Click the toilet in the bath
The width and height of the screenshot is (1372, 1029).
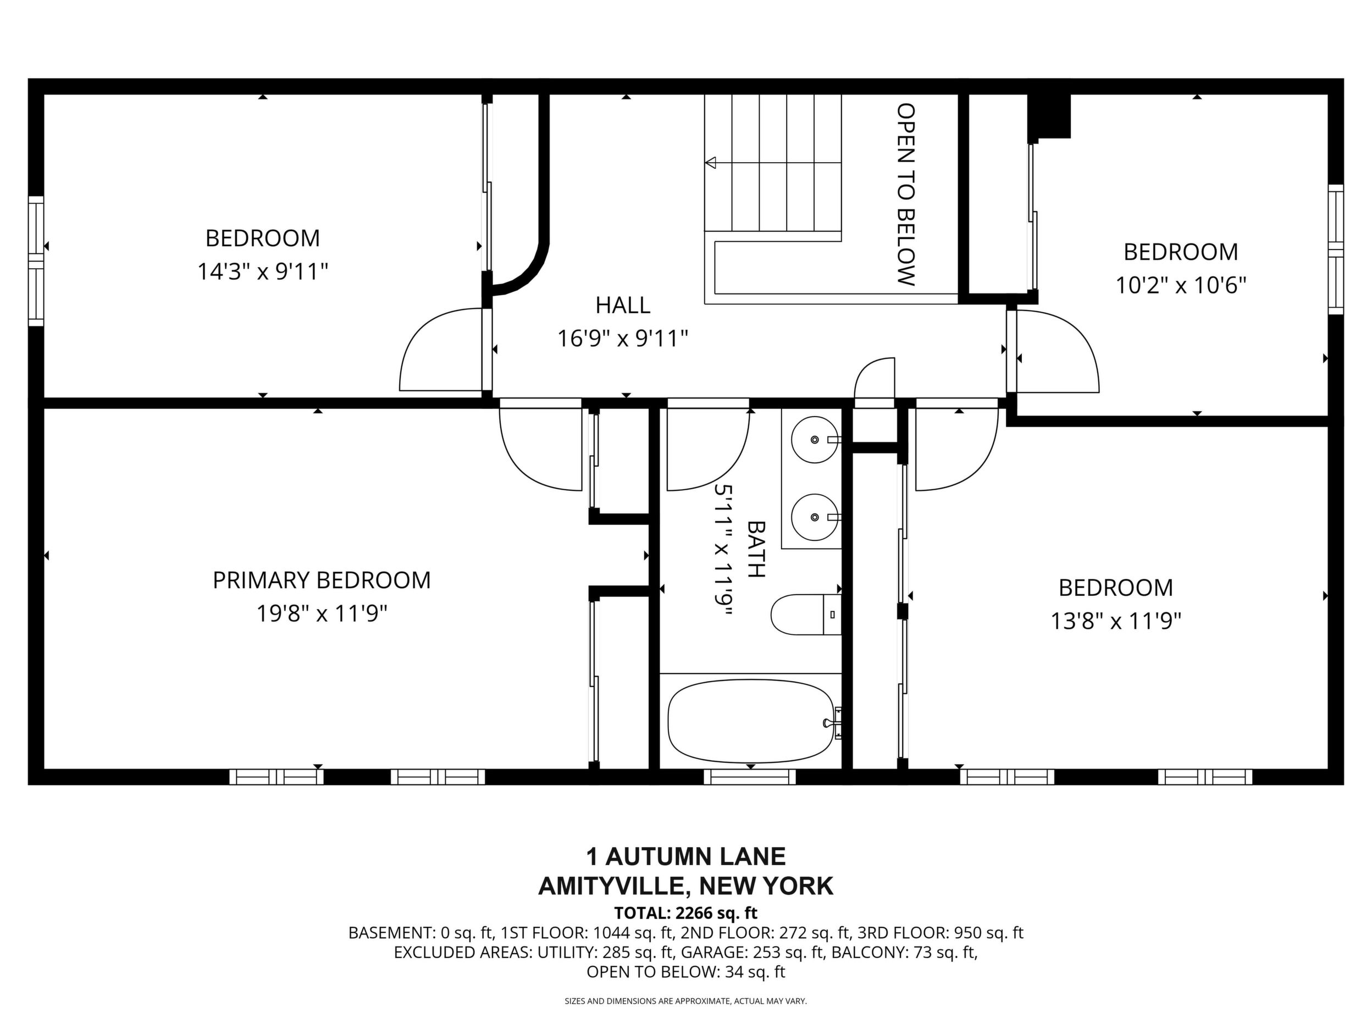click(x=806, y=614)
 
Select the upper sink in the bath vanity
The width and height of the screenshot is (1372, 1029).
click(x=815, y=440)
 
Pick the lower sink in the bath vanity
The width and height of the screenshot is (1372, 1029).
click(x=815, y=517)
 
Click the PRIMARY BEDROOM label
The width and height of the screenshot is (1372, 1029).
click(x=322, y=580)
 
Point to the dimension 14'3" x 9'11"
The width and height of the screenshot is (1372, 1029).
click(x=262, y=271)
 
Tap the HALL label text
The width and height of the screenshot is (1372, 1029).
click(x=623, y=305)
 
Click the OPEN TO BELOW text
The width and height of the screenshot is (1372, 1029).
click(x=906, y=194)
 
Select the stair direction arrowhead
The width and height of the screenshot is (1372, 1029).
click(x=711, y=163)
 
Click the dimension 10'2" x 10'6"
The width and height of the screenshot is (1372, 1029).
click(x=1181, y=285)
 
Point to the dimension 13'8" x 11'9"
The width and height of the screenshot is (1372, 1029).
click(x=1115, y=621)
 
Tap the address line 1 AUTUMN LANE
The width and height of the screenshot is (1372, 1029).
click(x=686, y=856)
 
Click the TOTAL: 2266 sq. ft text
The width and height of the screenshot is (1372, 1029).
click(x=686, y=913)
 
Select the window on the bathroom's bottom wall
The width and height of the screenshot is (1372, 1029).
click(x=750, y=777)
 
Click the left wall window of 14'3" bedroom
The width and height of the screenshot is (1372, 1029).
click(x=36, y=261)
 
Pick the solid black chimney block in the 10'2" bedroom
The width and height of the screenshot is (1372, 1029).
click(x=1049, y=117)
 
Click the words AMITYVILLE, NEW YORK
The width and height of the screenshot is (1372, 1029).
click(x=686, y=886)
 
